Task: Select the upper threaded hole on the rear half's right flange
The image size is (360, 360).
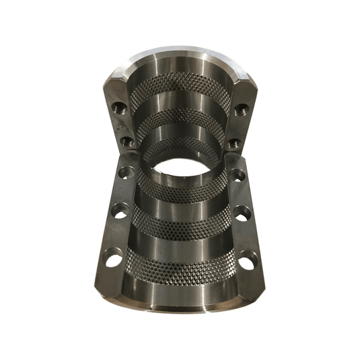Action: coord(239,108)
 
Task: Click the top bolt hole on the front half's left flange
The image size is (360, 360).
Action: coord(124,173)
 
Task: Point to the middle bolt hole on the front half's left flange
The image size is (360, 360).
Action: coord(118,209)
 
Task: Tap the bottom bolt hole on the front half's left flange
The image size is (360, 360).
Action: coord(111,257)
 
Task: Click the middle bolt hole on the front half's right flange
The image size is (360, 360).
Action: coord(242,214)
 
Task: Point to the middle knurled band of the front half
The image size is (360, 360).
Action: coord(180,219)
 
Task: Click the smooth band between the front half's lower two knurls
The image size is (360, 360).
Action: coord(180,242)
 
